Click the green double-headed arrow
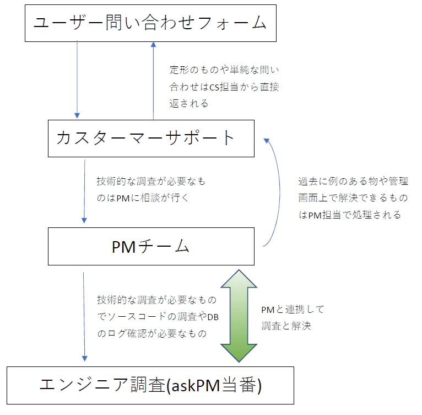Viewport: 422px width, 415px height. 239,316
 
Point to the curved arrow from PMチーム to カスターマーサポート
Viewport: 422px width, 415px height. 280,192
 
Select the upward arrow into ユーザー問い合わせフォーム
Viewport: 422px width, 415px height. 153,81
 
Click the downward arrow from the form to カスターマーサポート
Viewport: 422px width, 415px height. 77,79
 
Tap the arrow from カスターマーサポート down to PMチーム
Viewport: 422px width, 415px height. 84,191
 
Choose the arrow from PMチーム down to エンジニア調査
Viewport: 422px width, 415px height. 84,317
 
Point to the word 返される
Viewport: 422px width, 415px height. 189,104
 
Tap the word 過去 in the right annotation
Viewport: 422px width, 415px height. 308,181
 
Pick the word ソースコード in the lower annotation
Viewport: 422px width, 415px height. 137,316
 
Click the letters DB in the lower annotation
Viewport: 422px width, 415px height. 213,317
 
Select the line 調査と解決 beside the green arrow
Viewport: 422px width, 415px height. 286,326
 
